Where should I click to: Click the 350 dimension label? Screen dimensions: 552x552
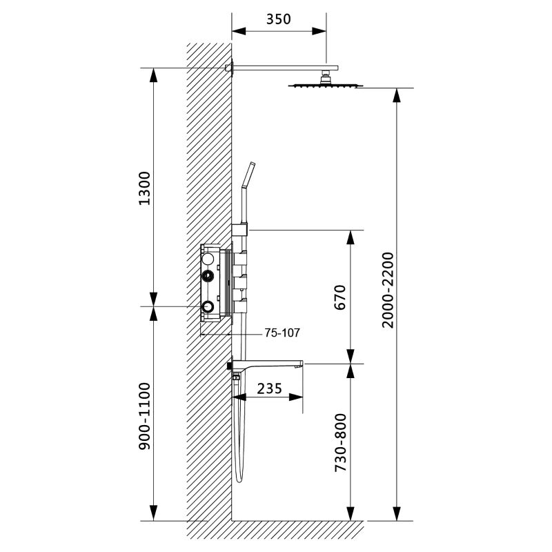pyautogui.click(x=279, y=19)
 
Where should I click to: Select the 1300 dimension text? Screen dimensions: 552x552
pyautogui.click(x=144, y=188)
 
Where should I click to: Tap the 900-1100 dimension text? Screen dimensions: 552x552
pyautogui.click(x=144, y=416)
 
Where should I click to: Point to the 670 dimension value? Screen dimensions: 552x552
pyautogui.click(x=340, y=297)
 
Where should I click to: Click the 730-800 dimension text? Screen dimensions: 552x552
pyautogui.click(x=340, y=443)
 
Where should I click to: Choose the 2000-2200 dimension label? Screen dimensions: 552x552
pyautogui.click(x=388, y=290)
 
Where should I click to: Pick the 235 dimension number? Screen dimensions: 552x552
pyautogui.click(x=270, y=388)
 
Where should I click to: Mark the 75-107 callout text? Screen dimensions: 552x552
pyautogui.click(x=282, y=333)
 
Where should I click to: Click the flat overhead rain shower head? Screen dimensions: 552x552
pyautogui.click(x=325, y=85)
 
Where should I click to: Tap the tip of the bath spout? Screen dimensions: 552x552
pyautogui.click(x=302, y=364)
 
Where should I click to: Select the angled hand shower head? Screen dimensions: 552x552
pyautogui.click(x=248, y=175)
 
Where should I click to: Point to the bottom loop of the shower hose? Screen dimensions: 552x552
pyautogui.click(x=239, y=478)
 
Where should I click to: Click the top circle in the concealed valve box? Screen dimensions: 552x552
pyautogui.click(x=208, y=259)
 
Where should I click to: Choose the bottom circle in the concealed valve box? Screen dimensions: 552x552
pyautogui.click(x=208, y=307)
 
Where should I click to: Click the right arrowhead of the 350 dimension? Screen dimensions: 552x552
pyautogui.click(x=319, y=31)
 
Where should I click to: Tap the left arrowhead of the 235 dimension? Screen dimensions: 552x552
pyautogui.click(x=239, y=397)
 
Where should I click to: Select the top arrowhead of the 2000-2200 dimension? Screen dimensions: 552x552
pyautogui.click(x=397, y=95)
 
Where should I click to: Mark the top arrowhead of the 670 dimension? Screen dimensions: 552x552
pyautogui.click(x=351, y=237)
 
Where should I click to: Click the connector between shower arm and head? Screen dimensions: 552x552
pyautogui.click(x=325, y=77)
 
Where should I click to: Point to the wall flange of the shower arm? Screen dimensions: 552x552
pyautogui.click(x=229, y=68)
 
